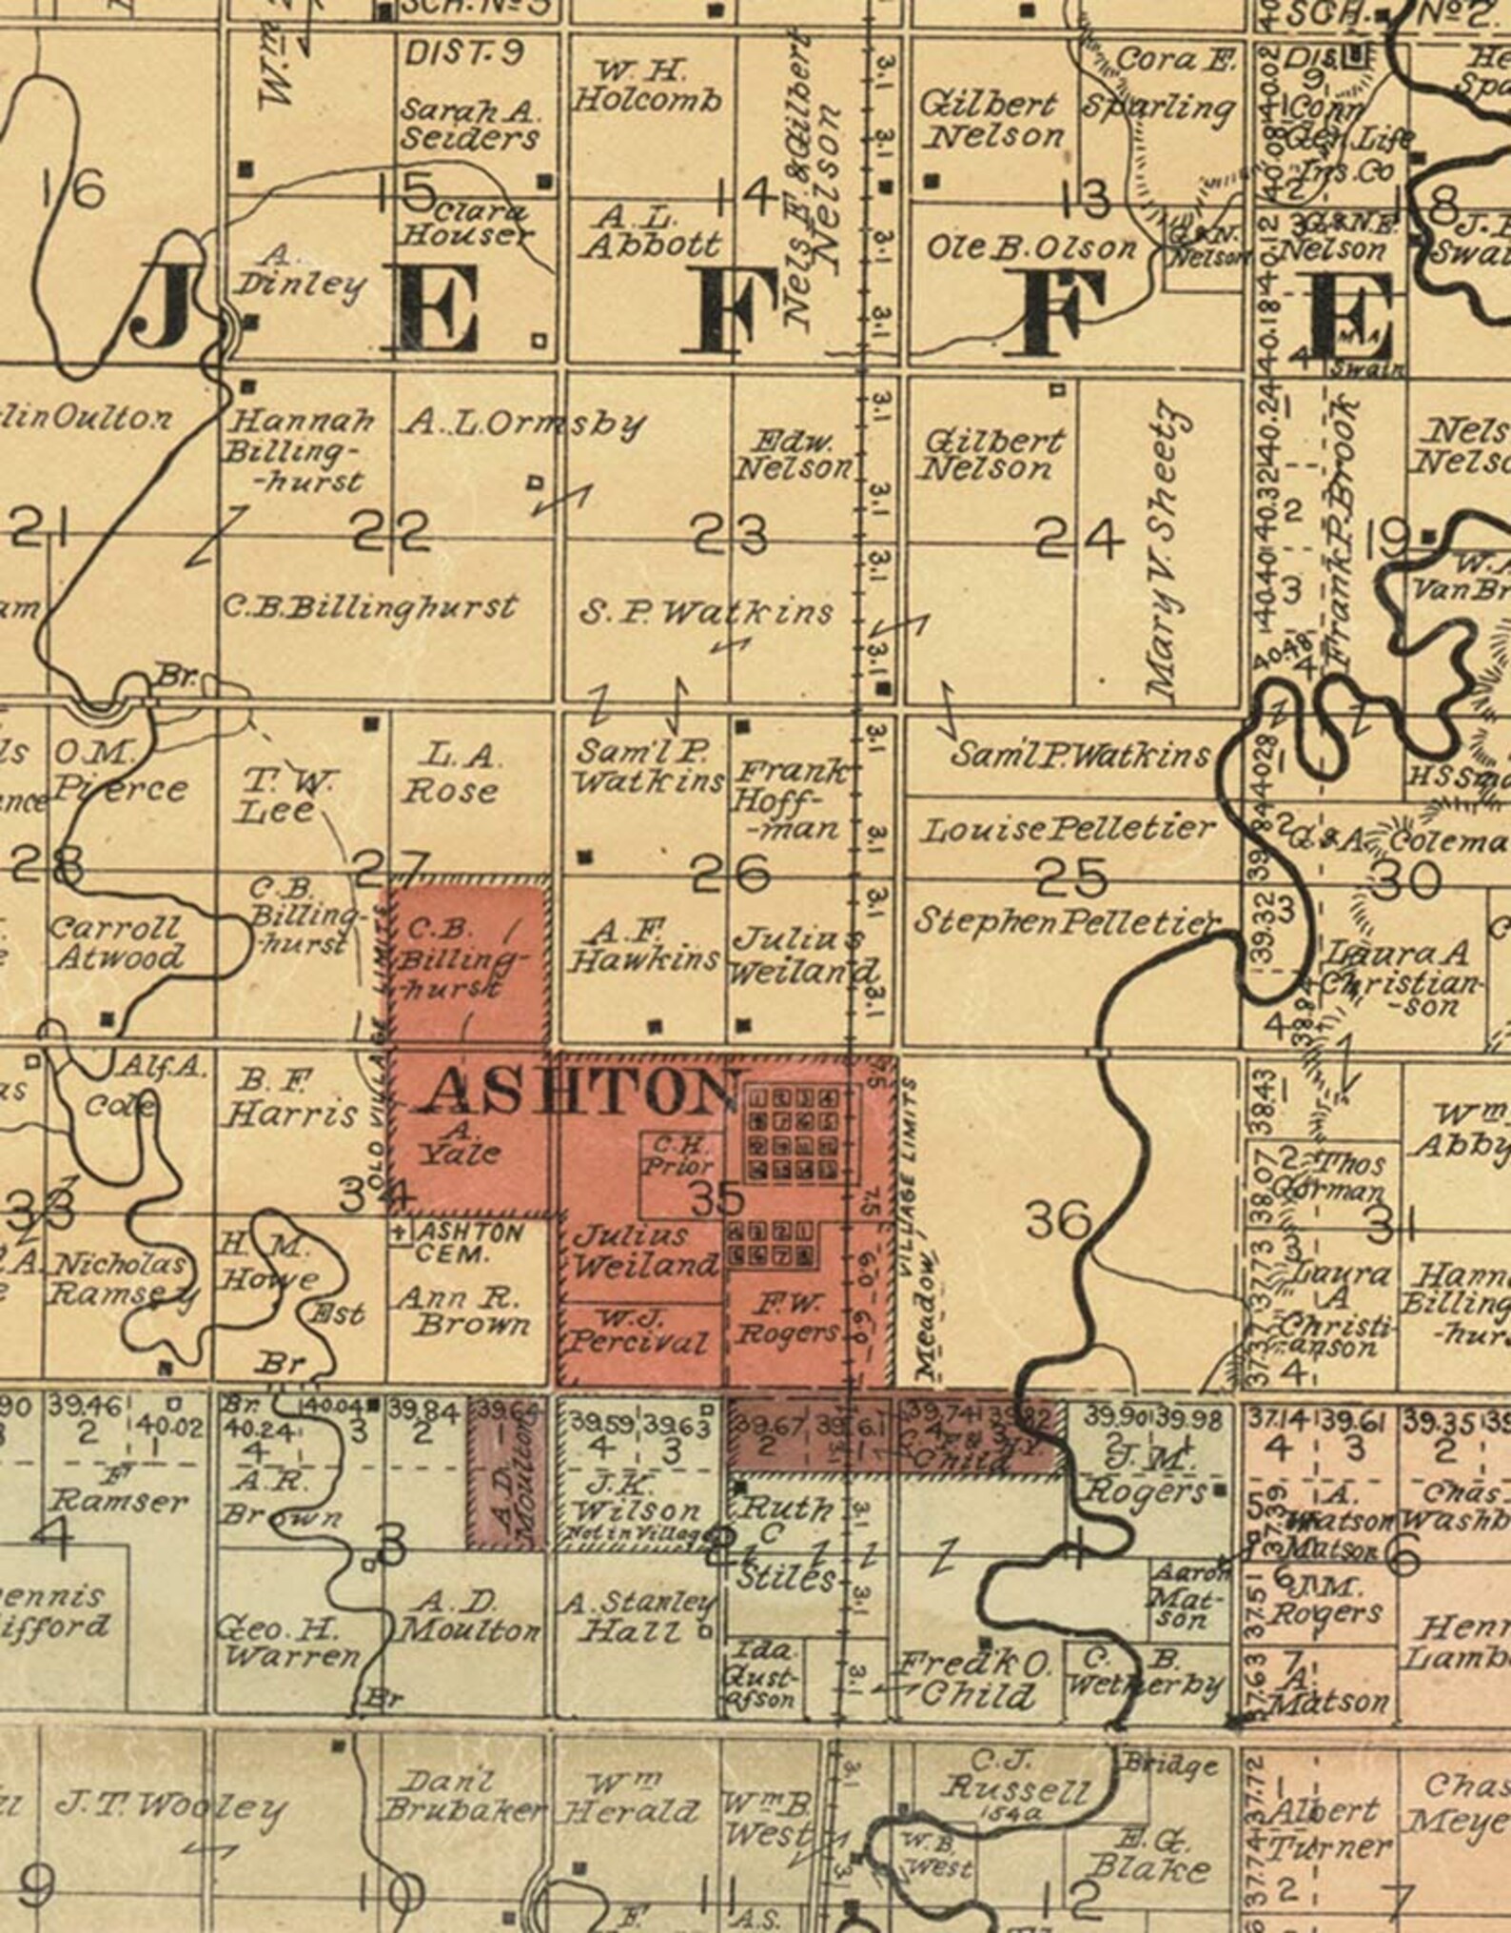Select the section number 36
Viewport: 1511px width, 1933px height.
click(x=1058, y=1219)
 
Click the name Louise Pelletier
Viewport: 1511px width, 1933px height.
click(x=1067, y=829)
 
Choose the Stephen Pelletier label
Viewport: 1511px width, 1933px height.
click(x=1066, y=921)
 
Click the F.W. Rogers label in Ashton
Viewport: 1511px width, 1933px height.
click(x=787, y=1318)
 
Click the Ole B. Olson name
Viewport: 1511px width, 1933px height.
click(x=1031, y=248)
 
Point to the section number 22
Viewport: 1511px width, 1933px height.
click(x=391, y=533)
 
